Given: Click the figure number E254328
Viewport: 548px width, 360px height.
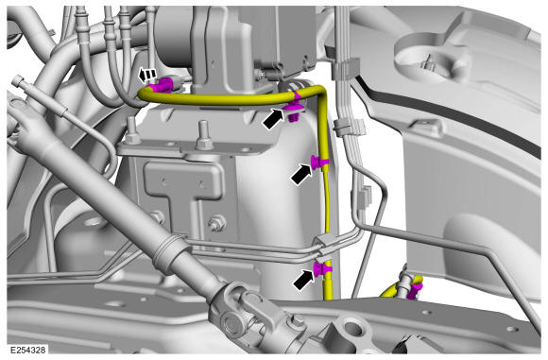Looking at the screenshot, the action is (27, 350).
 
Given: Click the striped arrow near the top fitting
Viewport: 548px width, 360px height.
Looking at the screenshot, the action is (146, 74).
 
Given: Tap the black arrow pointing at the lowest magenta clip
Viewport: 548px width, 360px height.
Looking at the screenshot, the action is (303, 279).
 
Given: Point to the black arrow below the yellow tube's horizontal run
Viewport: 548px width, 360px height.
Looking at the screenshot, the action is (273, 118).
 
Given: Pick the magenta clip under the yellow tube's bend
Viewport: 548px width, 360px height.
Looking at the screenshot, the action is (293, 109).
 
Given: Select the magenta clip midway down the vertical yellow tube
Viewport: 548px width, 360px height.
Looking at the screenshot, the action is (319, 163).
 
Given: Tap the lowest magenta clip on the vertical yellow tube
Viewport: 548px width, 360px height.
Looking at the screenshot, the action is (322, 268).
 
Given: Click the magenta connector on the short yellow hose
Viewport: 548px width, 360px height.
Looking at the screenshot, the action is (415, 291).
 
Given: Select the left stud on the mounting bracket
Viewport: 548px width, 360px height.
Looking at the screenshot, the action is (133, 130).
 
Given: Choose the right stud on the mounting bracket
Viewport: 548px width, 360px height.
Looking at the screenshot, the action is (204, 135).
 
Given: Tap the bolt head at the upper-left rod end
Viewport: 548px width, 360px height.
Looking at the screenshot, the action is (17, 82).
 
